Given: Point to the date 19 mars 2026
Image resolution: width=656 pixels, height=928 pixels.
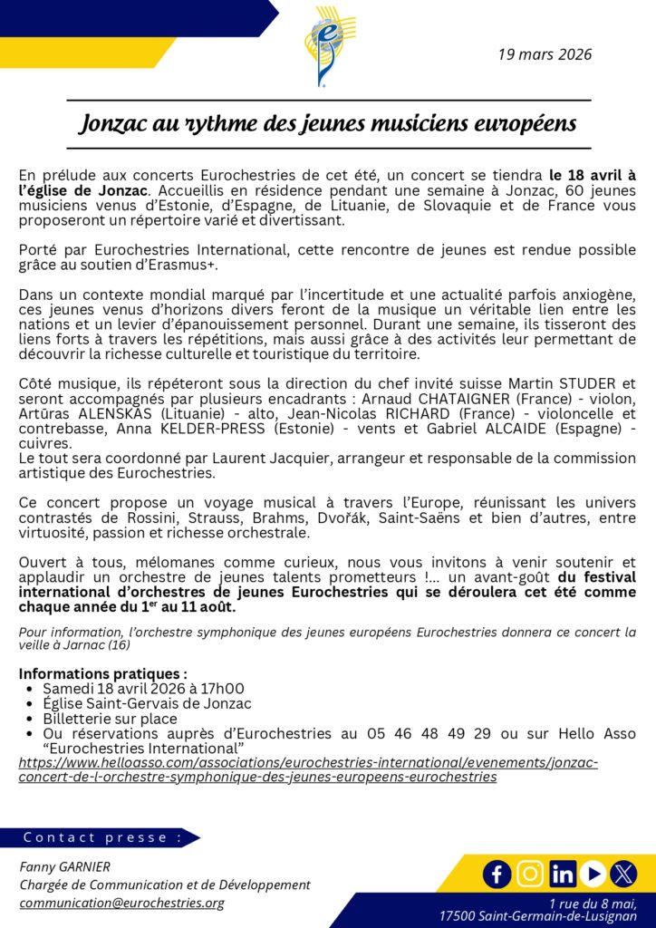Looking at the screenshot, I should click(x=545, y=54).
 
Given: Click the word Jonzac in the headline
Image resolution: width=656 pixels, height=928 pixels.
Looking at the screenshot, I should click(x=112, y=123).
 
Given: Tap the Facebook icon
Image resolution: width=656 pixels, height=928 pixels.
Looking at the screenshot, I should click(x=497, y=874).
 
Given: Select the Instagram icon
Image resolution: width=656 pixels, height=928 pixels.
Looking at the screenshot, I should click(x=530, y=874).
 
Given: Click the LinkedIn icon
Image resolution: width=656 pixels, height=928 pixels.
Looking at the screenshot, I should click(x=562, y=874).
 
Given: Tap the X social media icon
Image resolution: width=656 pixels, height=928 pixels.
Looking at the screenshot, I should click(x=623, y=874).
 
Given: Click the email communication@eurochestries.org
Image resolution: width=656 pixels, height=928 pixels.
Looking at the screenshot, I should click(x=121, y=903).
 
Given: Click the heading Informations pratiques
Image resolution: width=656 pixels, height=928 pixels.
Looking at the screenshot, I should click(x=103, y=674).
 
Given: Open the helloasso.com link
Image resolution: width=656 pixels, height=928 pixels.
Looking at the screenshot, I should click(x=308, y=769).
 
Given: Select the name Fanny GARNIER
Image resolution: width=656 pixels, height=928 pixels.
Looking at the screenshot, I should click(x=66, y=866).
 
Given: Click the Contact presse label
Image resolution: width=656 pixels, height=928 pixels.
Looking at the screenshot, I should click(x=102, y=837).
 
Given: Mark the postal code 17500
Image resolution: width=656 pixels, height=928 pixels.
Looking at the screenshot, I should click(x=456, y=916).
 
